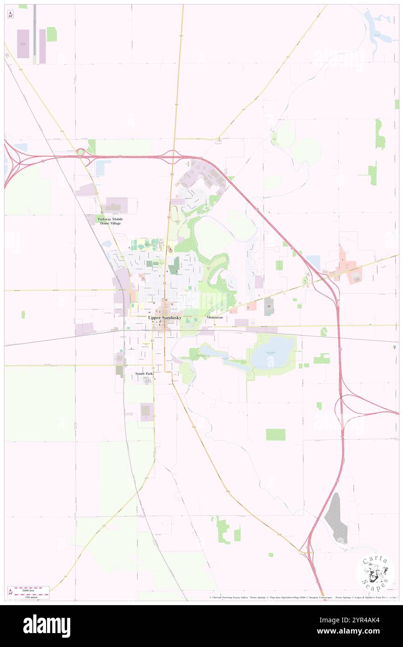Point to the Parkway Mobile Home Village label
click(x=110, y=221)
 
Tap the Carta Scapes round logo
click(x=375, y=573)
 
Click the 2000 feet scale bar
click(x=31, y=588)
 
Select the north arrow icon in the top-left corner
click(x=10, y=15)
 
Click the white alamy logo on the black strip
click(x=47, y=625)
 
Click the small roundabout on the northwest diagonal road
click(x=81, y=152)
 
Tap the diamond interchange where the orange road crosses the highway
click(x=173, y=155)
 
